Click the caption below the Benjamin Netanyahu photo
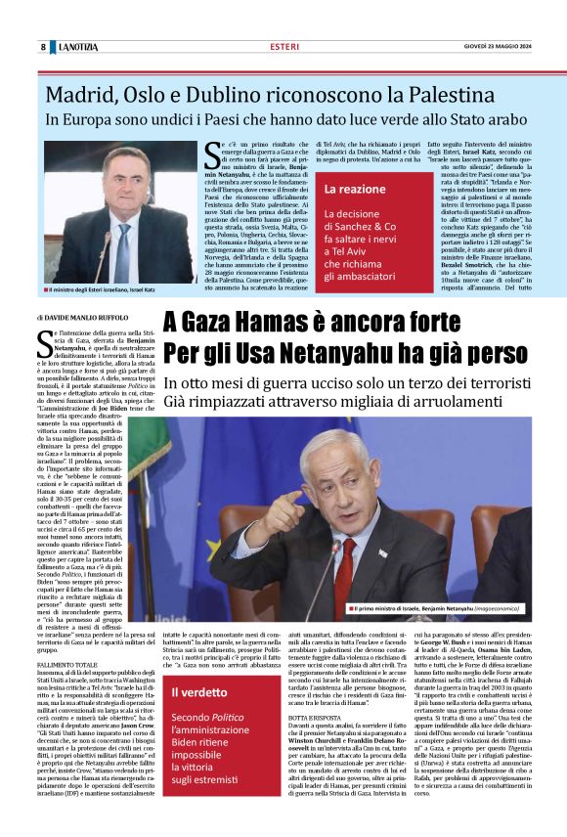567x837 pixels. (x=444, y=609)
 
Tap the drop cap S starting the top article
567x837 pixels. (x=209, y=153)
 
